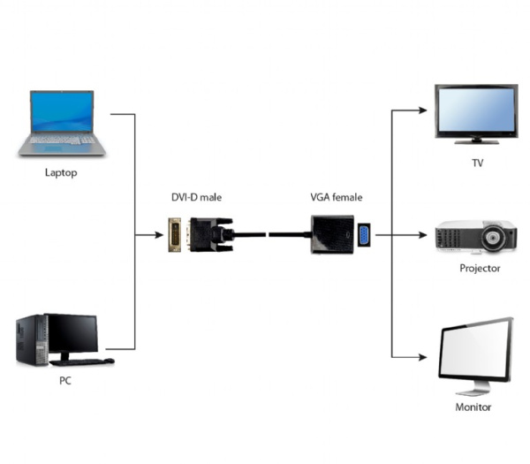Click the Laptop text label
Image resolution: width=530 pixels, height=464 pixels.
click(x=61, y=172)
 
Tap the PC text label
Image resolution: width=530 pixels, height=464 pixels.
click(x=64, y=380)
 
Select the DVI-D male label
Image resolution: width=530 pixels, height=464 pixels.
click(x=196, y=197)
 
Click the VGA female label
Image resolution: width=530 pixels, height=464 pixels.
click(x=336, y=197)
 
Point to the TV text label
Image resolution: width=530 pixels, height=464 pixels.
click(x=478, y=164)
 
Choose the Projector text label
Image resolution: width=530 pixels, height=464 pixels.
click(x=480, y=268)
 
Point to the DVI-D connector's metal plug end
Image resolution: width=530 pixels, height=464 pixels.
click(x=176, y=236)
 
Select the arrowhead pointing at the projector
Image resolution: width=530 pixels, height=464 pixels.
click(x=425, y=236)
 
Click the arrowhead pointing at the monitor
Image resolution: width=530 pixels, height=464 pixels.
click(x=425, y=358)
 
